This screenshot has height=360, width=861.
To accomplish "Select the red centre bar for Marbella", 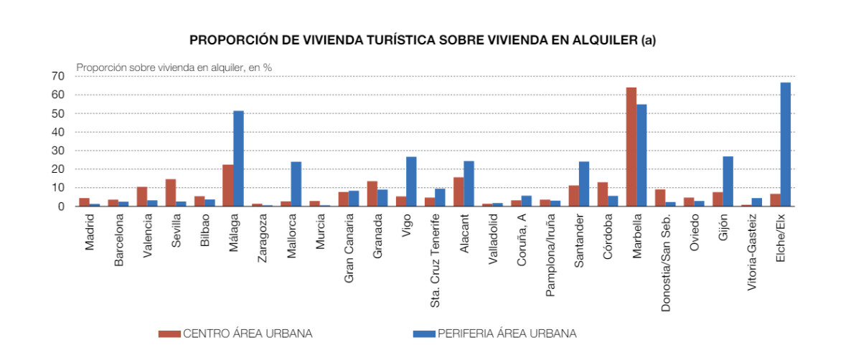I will [631, 147].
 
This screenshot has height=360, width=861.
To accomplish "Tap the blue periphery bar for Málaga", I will [238, 158].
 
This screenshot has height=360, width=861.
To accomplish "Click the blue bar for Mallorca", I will [296, 184].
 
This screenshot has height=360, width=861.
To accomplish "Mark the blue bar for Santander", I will [583, 184].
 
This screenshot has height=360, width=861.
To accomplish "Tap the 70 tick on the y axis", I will [58, 76].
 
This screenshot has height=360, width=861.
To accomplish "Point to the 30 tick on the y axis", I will [58, 151].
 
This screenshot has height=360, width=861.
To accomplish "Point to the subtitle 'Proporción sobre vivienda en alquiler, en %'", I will [174, 67].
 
